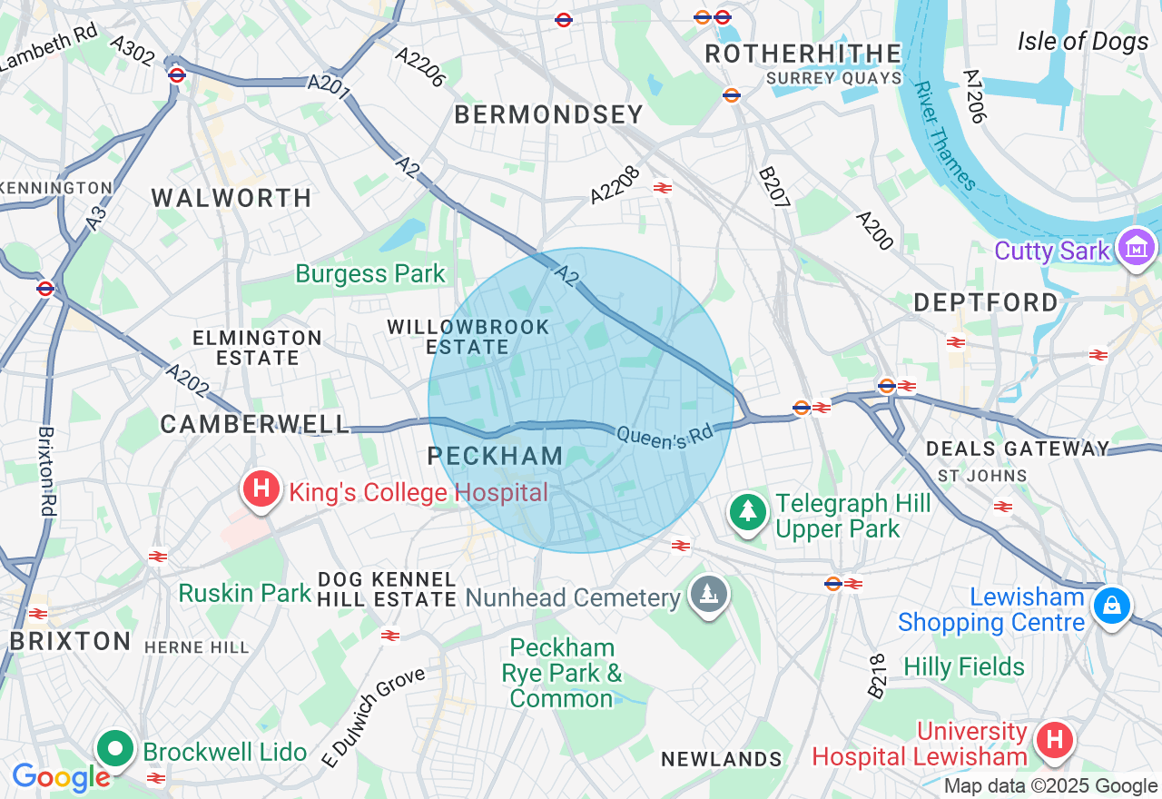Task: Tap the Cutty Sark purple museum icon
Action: tap(1137, 247)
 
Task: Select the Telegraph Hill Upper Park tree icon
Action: tap(748, 512)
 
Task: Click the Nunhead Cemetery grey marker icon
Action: tap(709, 595)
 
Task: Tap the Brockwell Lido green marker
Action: tap(116, 749)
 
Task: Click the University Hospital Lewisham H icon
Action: tap(1054, 740)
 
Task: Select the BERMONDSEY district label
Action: tap(548, 114)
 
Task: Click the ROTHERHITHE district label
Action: tap(803, 54)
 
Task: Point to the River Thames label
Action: tap(945, 136)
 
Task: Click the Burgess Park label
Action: tap(370, 273)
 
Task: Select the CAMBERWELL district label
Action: tap(255, 424)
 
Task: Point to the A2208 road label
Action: tap(615, 184)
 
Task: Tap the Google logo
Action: tap(60, 777)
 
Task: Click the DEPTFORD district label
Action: tap(986, 302)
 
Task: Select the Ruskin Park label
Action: tap(245, 593)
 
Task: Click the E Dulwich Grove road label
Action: tap(374, 715)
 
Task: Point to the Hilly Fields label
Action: tap(963, 667)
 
